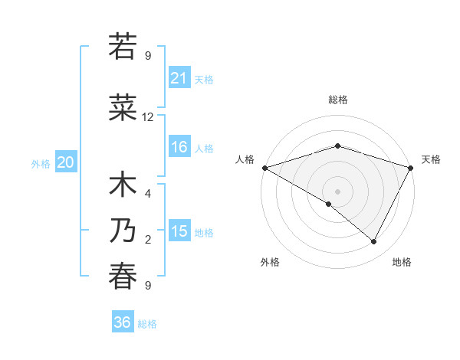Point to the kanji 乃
pyautogui.click(x=123, y=231)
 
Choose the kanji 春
pyautogui.click(x=123, y=277)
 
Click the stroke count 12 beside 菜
pyautogui.click(x=148, y=117)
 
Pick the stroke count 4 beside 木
pyautogui.click(x=148, y=193)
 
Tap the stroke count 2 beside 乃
pyautogui.click(x=148, y=240)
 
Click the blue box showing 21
pyautogui.click(x=179, y=77)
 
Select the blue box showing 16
pyautogui.click(x=179, y=147)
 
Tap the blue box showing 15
pyautogui.click(x=179, y=231)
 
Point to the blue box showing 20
pyautogui.click(x=66, y=162)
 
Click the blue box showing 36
pyautogui.click(x=123, y=322)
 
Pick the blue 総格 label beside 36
pyautogui.click(x=147, y=324)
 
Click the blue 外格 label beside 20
pyautogui.click(x=41, y=163)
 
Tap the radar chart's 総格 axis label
pyautogui.click(x=337, y=100)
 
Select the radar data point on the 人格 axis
pyautogui.click(x=264, y=167)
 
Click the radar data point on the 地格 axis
pyautogui.click(x=374, y=241)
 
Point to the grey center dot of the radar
pyautogui.click(x=337, y=191)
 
